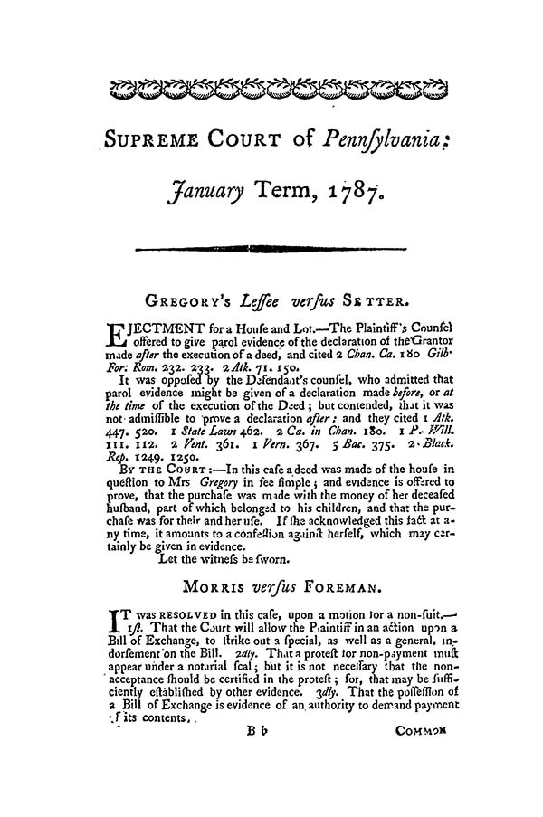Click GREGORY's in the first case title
(186, 298)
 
